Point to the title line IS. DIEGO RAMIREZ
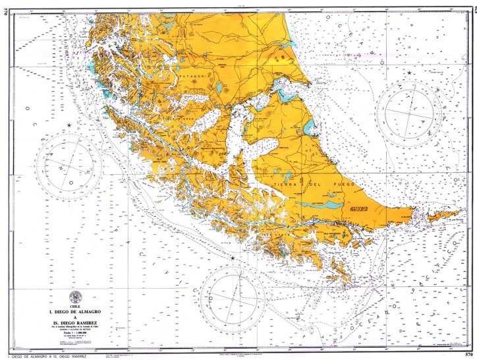click(80, 323)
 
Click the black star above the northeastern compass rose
click(409, 73)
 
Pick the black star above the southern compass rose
click(232, 258)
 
